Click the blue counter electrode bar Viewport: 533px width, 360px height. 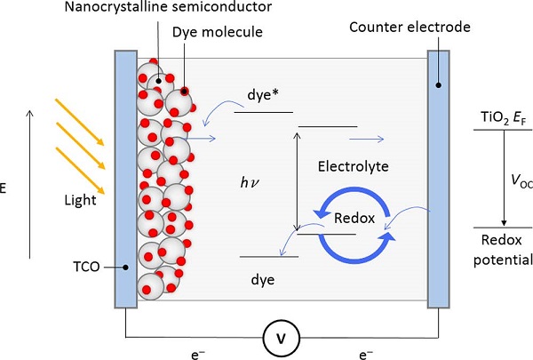439,178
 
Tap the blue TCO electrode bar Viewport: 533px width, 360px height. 125,178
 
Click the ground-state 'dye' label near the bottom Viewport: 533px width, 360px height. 261,280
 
